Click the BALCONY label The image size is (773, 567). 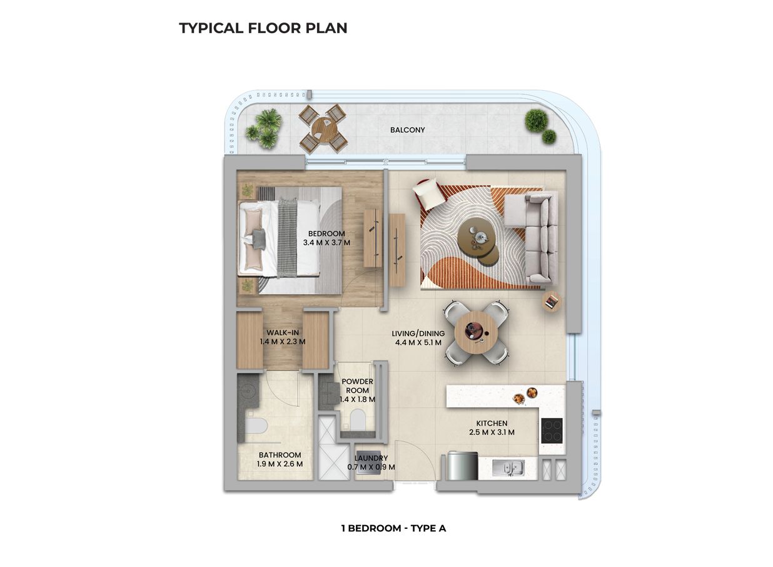click(x=407, y=130)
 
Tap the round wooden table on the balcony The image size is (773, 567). click(x=322, y=128)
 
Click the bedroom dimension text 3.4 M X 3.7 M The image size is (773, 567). click(x=326, y=242)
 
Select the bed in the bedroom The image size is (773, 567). click(x=281, y=238)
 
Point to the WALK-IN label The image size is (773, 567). click(x=283, y=332)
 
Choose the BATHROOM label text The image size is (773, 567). click(x=280, y=455)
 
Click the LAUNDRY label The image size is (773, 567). click(x=371, y=458)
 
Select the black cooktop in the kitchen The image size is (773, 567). click(x=552, y=431)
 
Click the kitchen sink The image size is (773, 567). click(x=507, y=467)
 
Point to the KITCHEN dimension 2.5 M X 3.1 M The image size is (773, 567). click(x=491, y=432)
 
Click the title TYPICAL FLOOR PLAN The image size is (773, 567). click(x=263, y=28)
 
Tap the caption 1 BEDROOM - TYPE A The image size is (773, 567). click(x=393, y=528)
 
